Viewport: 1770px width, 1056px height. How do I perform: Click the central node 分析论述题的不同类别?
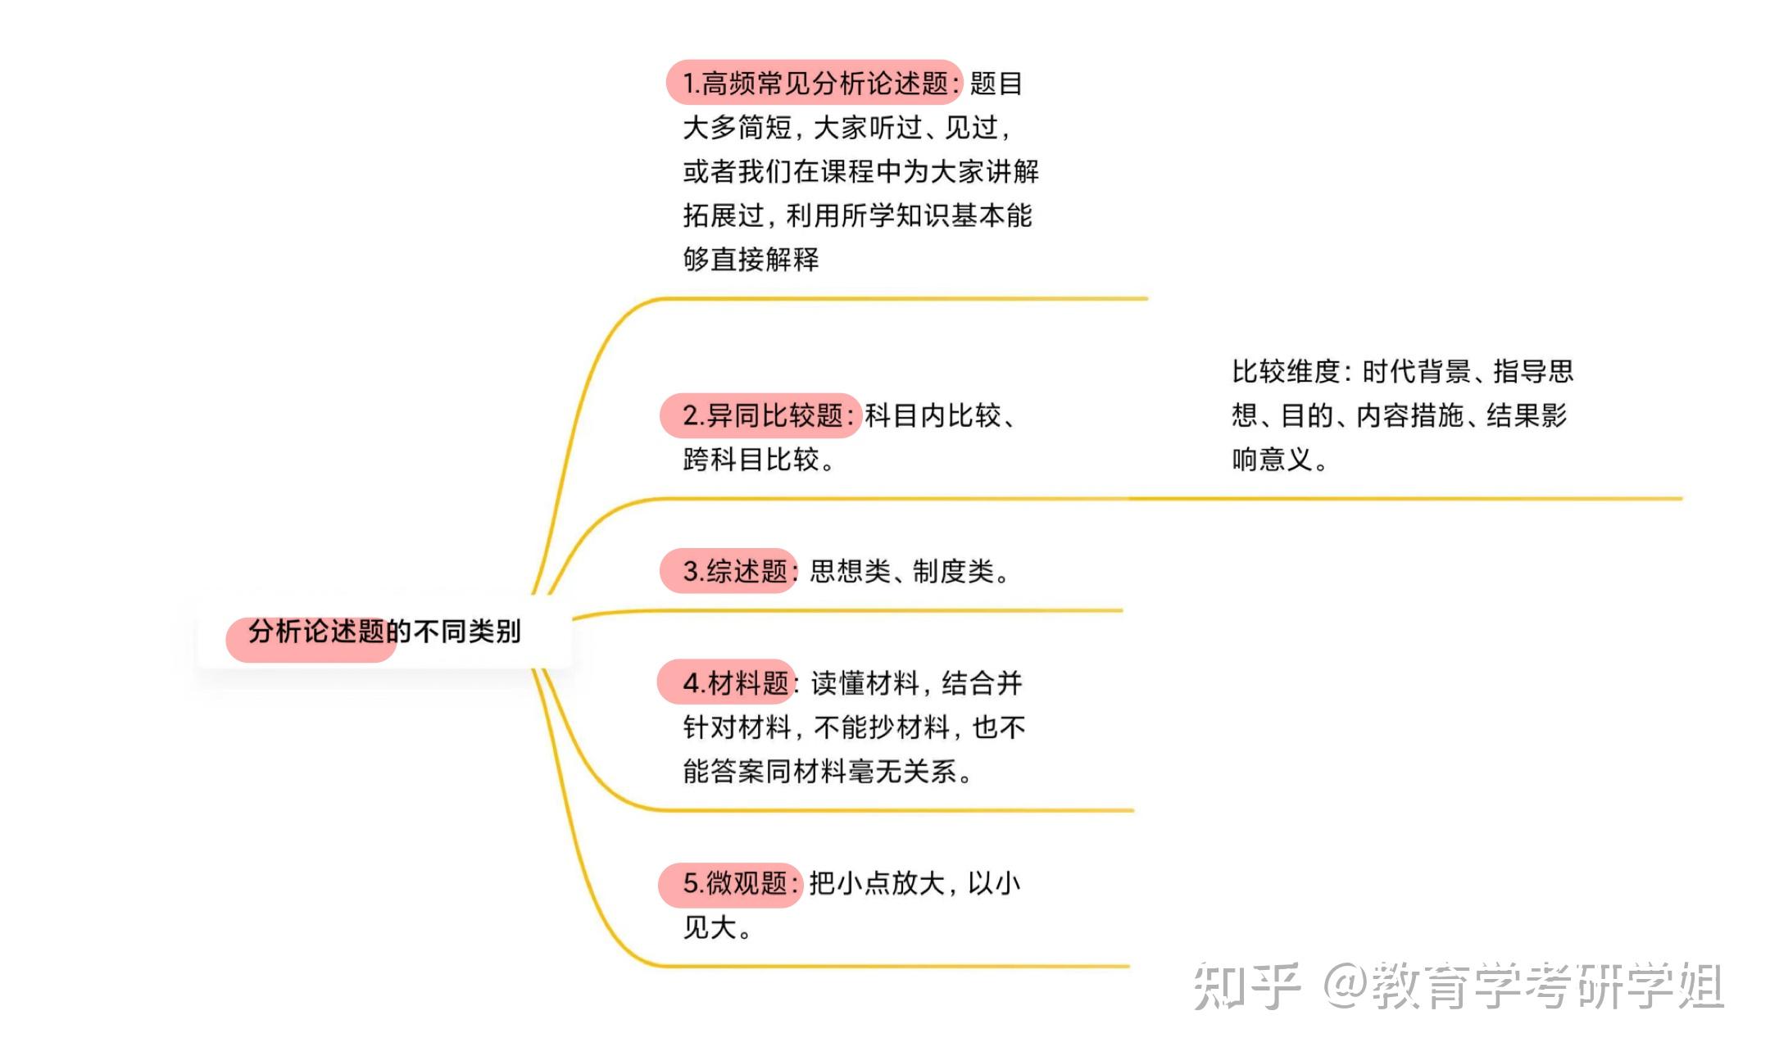(383, 632)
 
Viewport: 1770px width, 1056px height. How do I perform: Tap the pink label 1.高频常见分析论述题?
(815, 83)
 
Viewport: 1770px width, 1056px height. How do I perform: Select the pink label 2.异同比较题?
(761, 415)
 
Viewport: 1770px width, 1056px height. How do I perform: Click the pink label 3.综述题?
(728, 571)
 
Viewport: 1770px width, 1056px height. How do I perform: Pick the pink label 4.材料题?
(726, 682)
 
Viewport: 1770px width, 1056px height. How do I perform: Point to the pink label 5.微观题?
(729, 883)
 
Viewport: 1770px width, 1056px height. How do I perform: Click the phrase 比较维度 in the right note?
(1285, 371)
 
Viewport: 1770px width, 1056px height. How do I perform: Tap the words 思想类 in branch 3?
(850, 571)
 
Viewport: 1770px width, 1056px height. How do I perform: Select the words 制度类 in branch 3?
(953, 571)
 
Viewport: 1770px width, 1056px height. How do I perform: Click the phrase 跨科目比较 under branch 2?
(751, 460)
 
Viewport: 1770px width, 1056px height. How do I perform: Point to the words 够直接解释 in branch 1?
(751, 259)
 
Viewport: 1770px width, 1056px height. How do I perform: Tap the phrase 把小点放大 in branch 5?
(876, 883)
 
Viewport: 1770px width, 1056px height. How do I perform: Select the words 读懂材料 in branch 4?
(865, 682)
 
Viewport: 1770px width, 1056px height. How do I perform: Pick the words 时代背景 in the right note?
(1416, 371)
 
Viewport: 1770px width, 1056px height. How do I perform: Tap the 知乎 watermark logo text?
(1246, 986)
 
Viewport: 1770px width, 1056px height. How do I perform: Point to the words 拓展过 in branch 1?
(724, 215)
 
